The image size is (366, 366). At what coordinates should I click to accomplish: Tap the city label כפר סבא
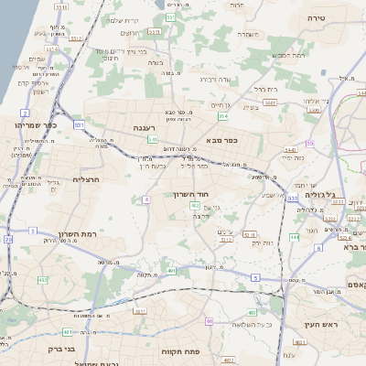(223, 140)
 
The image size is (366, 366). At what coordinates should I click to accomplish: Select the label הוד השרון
(191, 194)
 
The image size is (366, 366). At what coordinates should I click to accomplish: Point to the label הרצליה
(85, 179)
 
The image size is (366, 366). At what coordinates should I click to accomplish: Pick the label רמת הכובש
(289, 55)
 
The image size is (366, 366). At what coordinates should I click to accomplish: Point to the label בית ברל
(265, 89)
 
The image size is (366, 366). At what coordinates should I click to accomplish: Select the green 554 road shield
(222, 116)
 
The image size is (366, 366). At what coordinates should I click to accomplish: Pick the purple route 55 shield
(310, 144)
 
